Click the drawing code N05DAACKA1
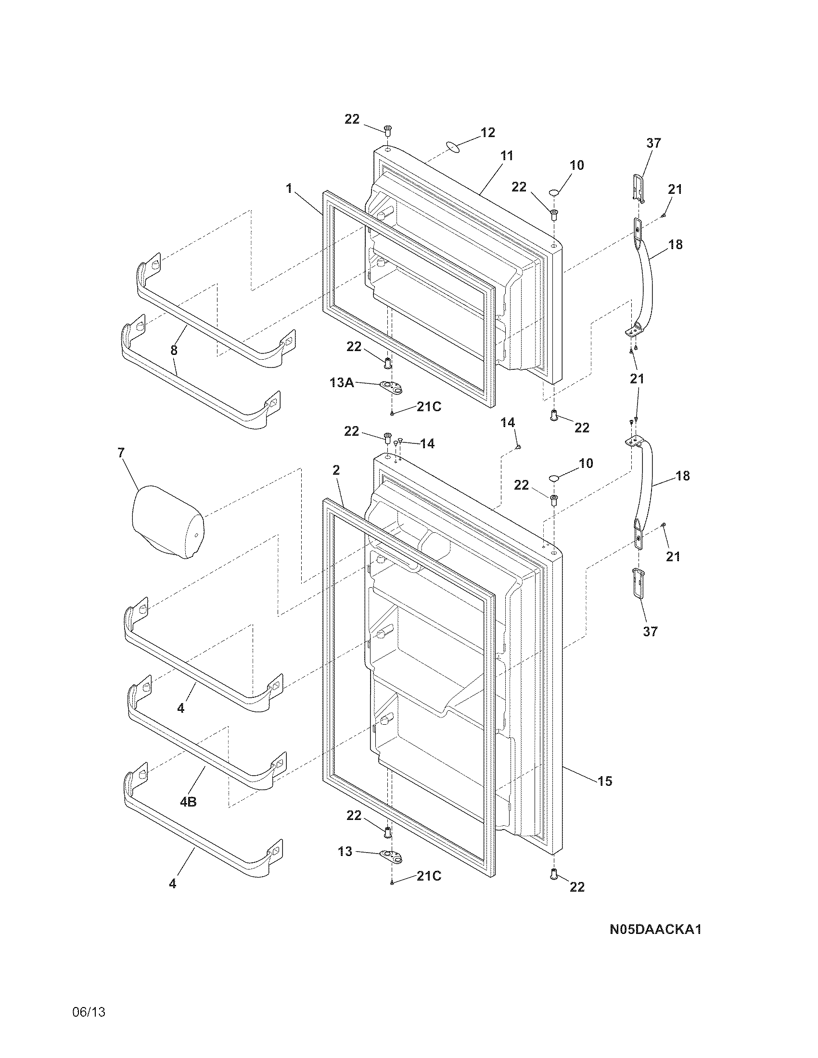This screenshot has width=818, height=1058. (655, 930)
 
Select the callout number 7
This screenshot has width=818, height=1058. (121, 453)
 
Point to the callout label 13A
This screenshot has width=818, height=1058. (342, 383)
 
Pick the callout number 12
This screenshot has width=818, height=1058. (487, 132)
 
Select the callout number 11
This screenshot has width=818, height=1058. (506, 156)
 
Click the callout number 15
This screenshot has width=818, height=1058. (605, 781)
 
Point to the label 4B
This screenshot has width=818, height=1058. (188, 802)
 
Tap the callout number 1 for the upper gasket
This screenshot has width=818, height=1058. (289, 188)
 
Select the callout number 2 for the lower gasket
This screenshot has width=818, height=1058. (336, 470)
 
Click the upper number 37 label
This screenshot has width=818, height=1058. (653, 143)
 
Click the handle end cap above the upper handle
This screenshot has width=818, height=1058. (639, 188)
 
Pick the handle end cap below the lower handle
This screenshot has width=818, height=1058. (639, 584)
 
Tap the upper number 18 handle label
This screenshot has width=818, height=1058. (675, 245)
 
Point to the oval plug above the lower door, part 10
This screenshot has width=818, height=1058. (554, 479)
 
